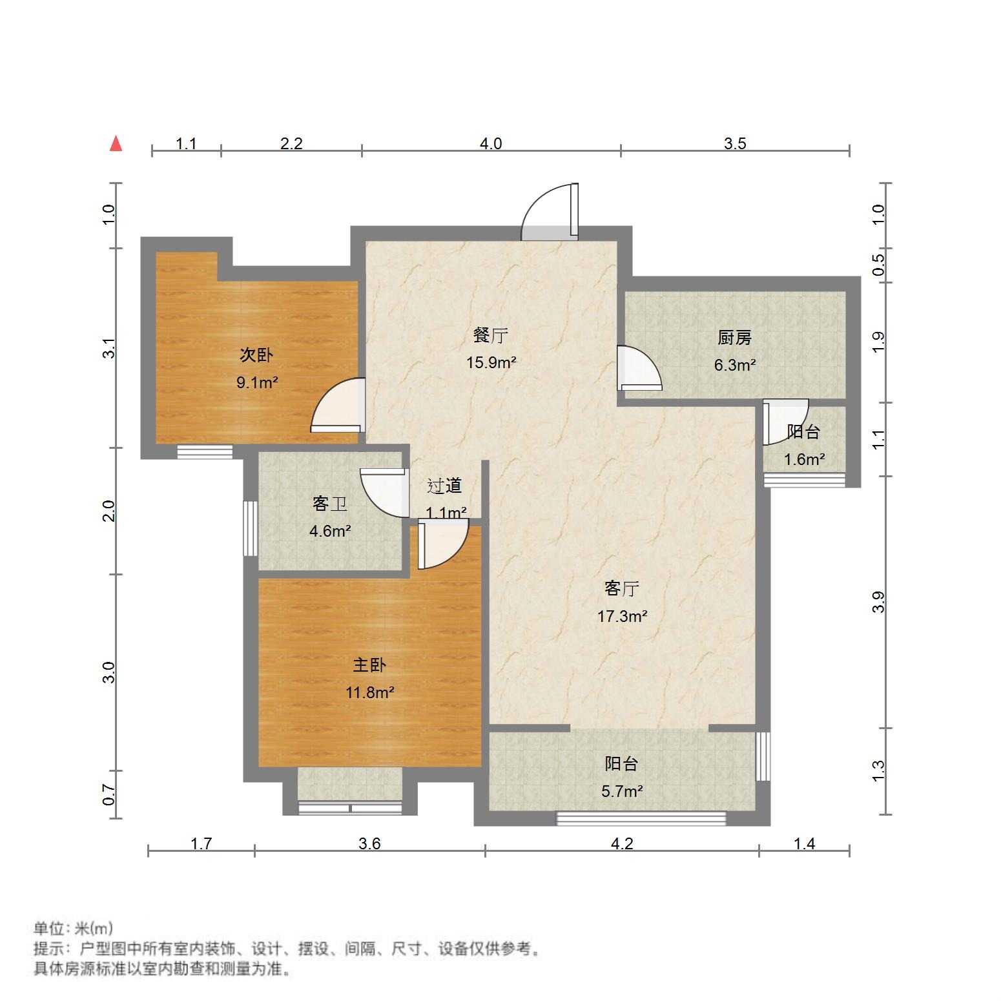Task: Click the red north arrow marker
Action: pos(116,143)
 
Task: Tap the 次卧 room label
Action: pos(256,355)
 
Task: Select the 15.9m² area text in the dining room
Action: pos(491,363)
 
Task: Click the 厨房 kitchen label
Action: pos(734,338)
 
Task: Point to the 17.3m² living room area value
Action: pos(622,616)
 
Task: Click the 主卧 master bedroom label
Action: pos(369,665)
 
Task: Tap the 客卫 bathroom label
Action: pos(330,504)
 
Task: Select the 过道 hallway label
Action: pos(445,486)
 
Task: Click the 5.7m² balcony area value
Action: pos(621,791)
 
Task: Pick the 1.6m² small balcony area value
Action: pos(804,460)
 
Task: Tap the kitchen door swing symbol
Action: pos(638,369)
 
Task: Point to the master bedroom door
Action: pos(441,545)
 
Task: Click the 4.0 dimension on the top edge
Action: pos(491,143)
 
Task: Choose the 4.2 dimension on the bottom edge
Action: pos(622,843)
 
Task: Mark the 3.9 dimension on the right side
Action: pos(878,602)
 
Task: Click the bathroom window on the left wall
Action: pos(249,528)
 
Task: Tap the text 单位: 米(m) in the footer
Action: pos(73,929)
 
